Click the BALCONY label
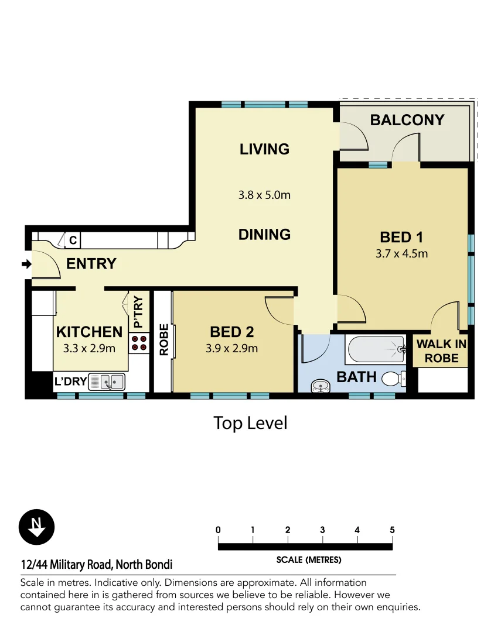click(407, 120)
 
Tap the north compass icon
click(36, 526)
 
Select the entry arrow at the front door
click(26, 265)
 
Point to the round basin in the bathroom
click(319, 386)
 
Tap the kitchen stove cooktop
click(139, 343)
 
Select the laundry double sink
click(107, 382)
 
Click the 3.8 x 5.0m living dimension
click(264, 195)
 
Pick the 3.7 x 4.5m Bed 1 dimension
click(401, 253)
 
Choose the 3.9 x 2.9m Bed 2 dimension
click(231, 349)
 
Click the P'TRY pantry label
click(138, 312)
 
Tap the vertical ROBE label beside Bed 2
click(163, 340)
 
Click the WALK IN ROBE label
click(441, 351)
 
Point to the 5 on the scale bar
click(392, 530)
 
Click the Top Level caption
click(250, 423)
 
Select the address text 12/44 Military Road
click(96, 565)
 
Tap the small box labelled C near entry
click(73, 240)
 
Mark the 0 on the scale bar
click(218, 530)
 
